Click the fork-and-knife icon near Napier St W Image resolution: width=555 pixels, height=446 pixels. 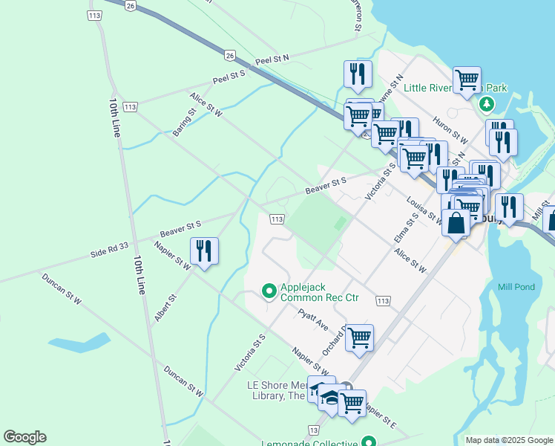click(203, 251)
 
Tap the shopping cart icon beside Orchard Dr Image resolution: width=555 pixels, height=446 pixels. click(359, 337)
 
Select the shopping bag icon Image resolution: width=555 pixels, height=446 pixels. click(455, 222)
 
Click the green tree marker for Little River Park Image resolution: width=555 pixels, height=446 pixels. click(487, 104)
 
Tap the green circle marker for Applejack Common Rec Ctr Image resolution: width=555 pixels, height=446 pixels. click(271, 291)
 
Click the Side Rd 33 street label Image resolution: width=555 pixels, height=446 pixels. click(110, 251)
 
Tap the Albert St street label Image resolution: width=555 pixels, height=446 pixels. click(165, 308)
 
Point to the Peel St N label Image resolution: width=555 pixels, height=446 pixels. click(272, 59)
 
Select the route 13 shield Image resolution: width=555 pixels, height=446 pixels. click(314, 430)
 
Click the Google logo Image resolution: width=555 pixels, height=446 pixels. click(24, 437)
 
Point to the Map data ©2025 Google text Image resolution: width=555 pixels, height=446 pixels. click(509, 440)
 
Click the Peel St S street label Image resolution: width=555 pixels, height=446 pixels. click(229, 76)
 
